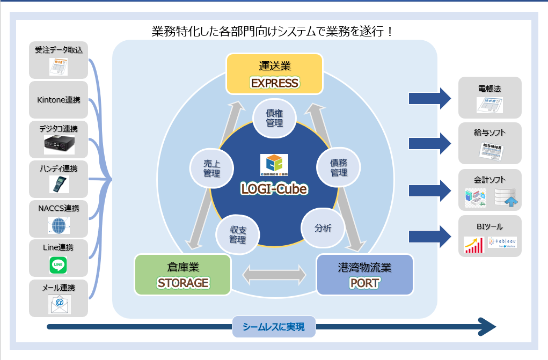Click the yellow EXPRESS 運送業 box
[274, 74]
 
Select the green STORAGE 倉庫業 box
[182, 275]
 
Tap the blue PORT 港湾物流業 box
[365, 275]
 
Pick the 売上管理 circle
[211, 167]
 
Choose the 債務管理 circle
[339, 167]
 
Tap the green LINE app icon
[58, 265]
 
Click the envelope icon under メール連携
[59, 304]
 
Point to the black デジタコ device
[59, 144]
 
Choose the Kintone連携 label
[59, 100]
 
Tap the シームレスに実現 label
[274, 326]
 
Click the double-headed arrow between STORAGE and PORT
[274, 275]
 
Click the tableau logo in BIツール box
[502, 243]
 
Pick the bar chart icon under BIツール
[474, 245]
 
